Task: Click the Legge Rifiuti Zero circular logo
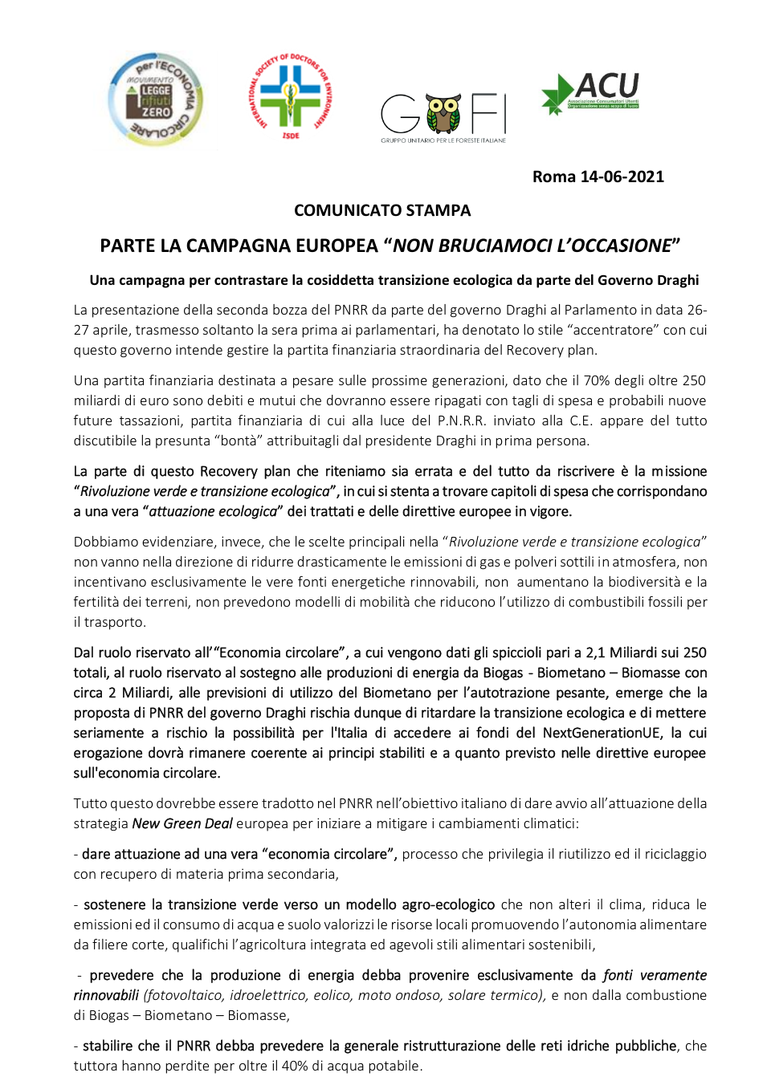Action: (x=156, y=100)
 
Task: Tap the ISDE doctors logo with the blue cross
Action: (x=290, y=96)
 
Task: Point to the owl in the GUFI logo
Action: (x=443, y=113)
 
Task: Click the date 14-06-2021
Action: (x=622, y=177)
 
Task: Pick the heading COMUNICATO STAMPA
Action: (x=382, y=210)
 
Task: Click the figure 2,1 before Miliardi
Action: (x=595, y=652)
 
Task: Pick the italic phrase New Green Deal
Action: (x=182, y=823)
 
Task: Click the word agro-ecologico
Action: (x=448, y=904)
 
